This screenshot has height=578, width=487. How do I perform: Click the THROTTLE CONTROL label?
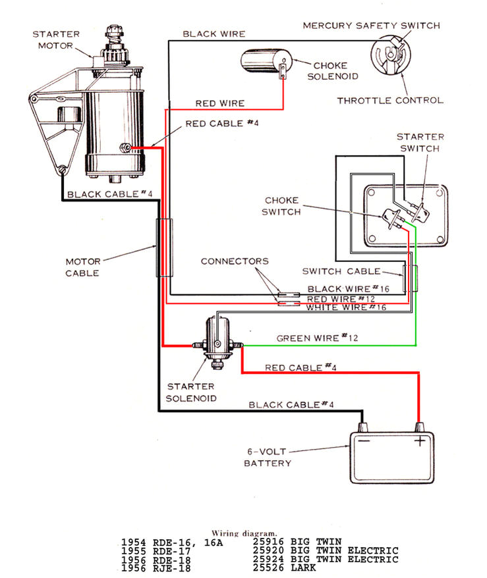390,101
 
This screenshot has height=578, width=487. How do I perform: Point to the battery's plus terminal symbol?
418,442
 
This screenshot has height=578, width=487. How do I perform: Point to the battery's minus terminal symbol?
364,442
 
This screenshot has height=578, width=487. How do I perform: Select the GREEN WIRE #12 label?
317,338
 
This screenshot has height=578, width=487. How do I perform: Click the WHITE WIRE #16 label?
345,307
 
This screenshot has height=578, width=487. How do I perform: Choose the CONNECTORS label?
235,261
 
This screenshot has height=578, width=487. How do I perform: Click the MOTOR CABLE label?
83,267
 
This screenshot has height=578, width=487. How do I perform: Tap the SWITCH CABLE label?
341,271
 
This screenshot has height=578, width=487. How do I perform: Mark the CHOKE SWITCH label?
281,206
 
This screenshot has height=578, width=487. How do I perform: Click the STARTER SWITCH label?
420,142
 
